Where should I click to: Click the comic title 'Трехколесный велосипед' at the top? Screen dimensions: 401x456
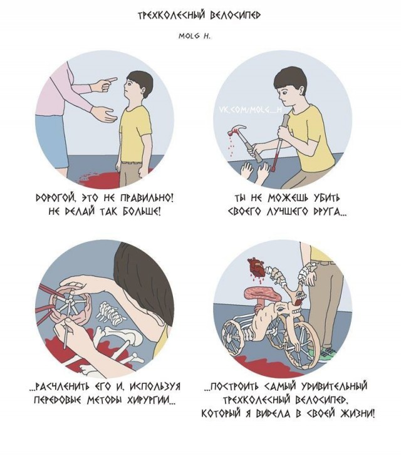click(199, 16)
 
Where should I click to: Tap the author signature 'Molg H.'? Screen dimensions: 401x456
click(194, 36)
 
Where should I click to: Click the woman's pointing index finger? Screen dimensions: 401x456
click(110, 80)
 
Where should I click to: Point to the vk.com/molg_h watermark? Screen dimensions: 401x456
click(250, 110)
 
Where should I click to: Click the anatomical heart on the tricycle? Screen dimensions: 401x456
click(256, 267)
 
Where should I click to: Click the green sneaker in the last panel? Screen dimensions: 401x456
click(328, 352)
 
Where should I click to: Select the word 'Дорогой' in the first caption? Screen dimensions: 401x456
click(53, 199)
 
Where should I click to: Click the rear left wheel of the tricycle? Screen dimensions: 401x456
click(232, 336)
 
